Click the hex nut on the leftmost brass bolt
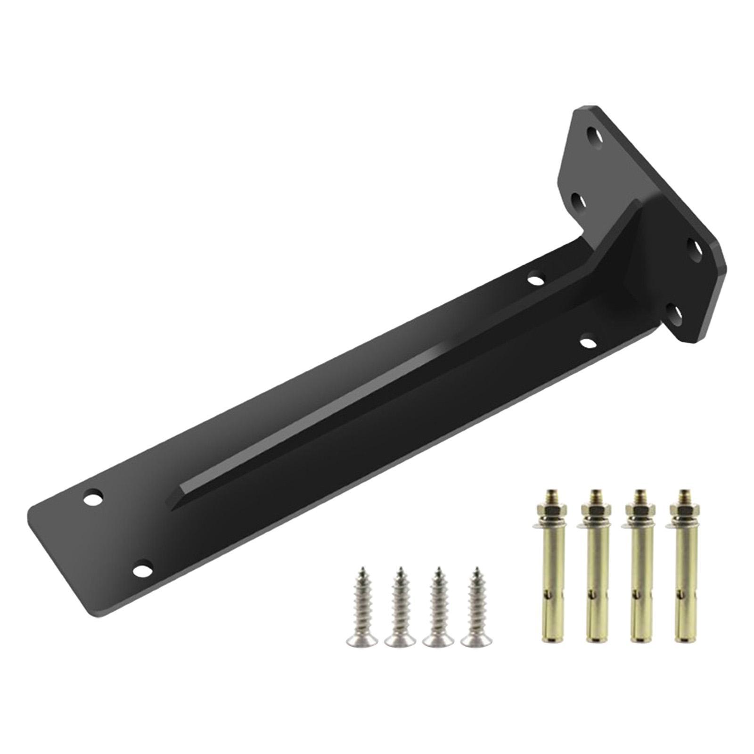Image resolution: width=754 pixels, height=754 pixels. point(549,510)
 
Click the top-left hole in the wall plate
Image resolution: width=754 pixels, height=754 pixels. point(594,138)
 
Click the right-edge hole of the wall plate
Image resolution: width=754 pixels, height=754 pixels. point(697,246)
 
